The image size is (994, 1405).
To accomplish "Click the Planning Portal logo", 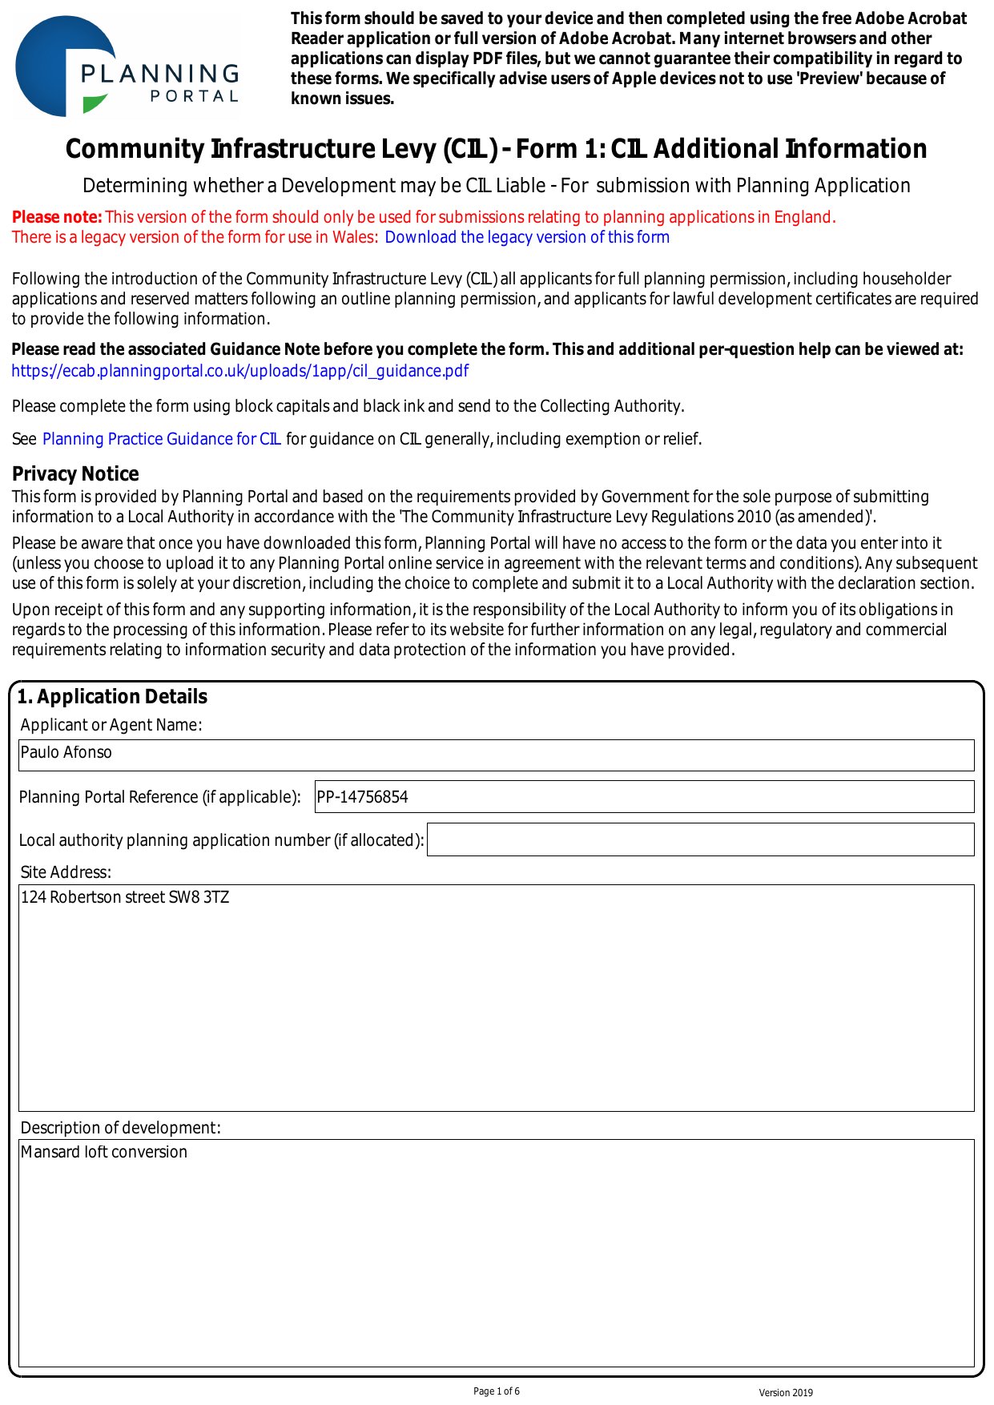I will pos(127,67).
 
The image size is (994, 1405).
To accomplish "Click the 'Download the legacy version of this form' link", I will pos(526,238).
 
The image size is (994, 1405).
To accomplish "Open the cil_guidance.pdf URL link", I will pos(239,371).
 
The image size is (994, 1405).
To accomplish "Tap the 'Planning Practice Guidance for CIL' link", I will pos(161,439).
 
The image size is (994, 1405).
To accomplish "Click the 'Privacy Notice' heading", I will pos(75,473).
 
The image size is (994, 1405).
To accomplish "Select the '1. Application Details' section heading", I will pos(112,697).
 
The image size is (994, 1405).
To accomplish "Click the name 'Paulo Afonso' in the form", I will pos(66,753).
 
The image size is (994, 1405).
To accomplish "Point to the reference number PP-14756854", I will pos(363,797).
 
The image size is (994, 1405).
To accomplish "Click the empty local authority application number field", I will pos(700,839).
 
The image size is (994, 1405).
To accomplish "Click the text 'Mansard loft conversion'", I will pos(104,1153).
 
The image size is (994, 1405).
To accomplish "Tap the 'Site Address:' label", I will pos(66,872).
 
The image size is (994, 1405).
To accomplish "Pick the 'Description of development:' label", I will pos(120,1128).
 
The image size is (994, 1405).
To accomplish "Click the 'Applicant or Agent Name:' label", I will pos(111,725).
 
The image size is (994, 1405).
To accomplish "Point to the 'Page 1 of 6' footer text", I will pos(497,1391).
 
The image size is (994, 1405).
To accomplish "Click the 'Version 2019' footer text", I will pos(786,1393).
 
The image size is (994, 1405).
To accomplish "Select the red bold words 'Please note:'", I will pos(57,217).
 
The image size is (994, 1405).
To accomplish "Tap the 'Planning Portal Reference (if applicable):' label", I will pos(159,797).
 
